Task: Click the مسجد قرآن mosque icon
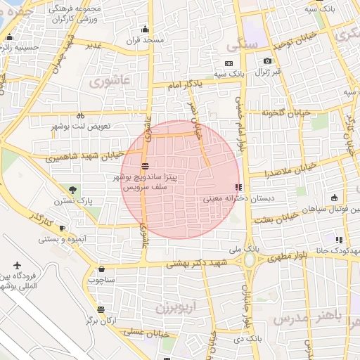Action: pyautogui.click(x=145, y=29)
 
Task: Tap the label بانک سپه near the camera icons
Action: pyautogui.click(x=229, y=72)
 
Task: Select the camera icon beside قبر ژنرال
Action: pyautogui.click(x=266, y=61)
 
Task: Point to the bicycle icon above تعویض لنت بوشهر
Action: pyautogui.click(x=80, y=115)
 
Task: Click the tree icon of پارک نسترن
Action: pyautogui.click(x=72, y=189)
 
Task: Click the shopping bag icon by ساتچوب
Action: pyautogui.click(x=102, y=269)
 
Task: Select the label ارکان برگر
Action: pyautogui.click(x=100, y=320)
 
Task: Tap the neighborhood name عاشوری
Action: pyautogui.click(x=110, y=81)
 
